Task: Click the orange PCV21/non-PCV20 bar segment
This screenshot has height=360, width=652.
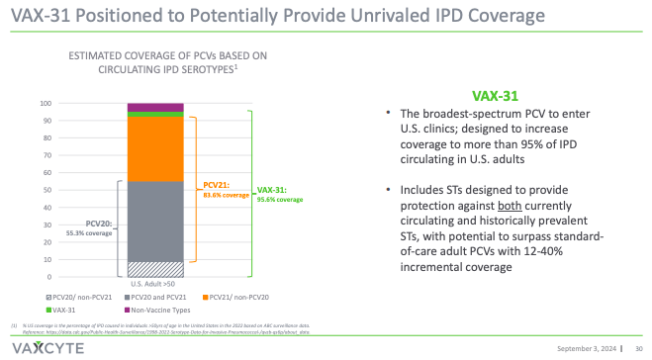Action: (x=155, y=148)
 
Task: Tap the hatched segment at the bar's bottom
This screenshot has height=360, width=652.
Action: (x=155, y=269)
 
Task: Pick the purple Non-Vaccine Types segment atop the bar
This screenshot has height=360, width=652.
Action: (x=155, y=107)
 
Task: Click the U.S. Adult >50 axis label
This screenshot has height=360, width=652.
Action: (x=155, y=284)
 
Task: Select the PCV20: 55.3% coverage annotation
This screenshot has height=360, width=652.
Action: (x=87, y=227)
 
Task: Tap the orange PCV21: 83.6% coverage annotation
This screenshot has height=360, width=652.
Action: (x=223, y=190)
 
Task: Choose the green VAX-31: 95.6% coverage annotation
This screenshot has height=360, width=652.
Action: (x=279, y=195)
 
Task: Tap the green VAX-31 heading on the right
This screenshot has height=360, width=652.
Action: (x=496, y=98)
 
